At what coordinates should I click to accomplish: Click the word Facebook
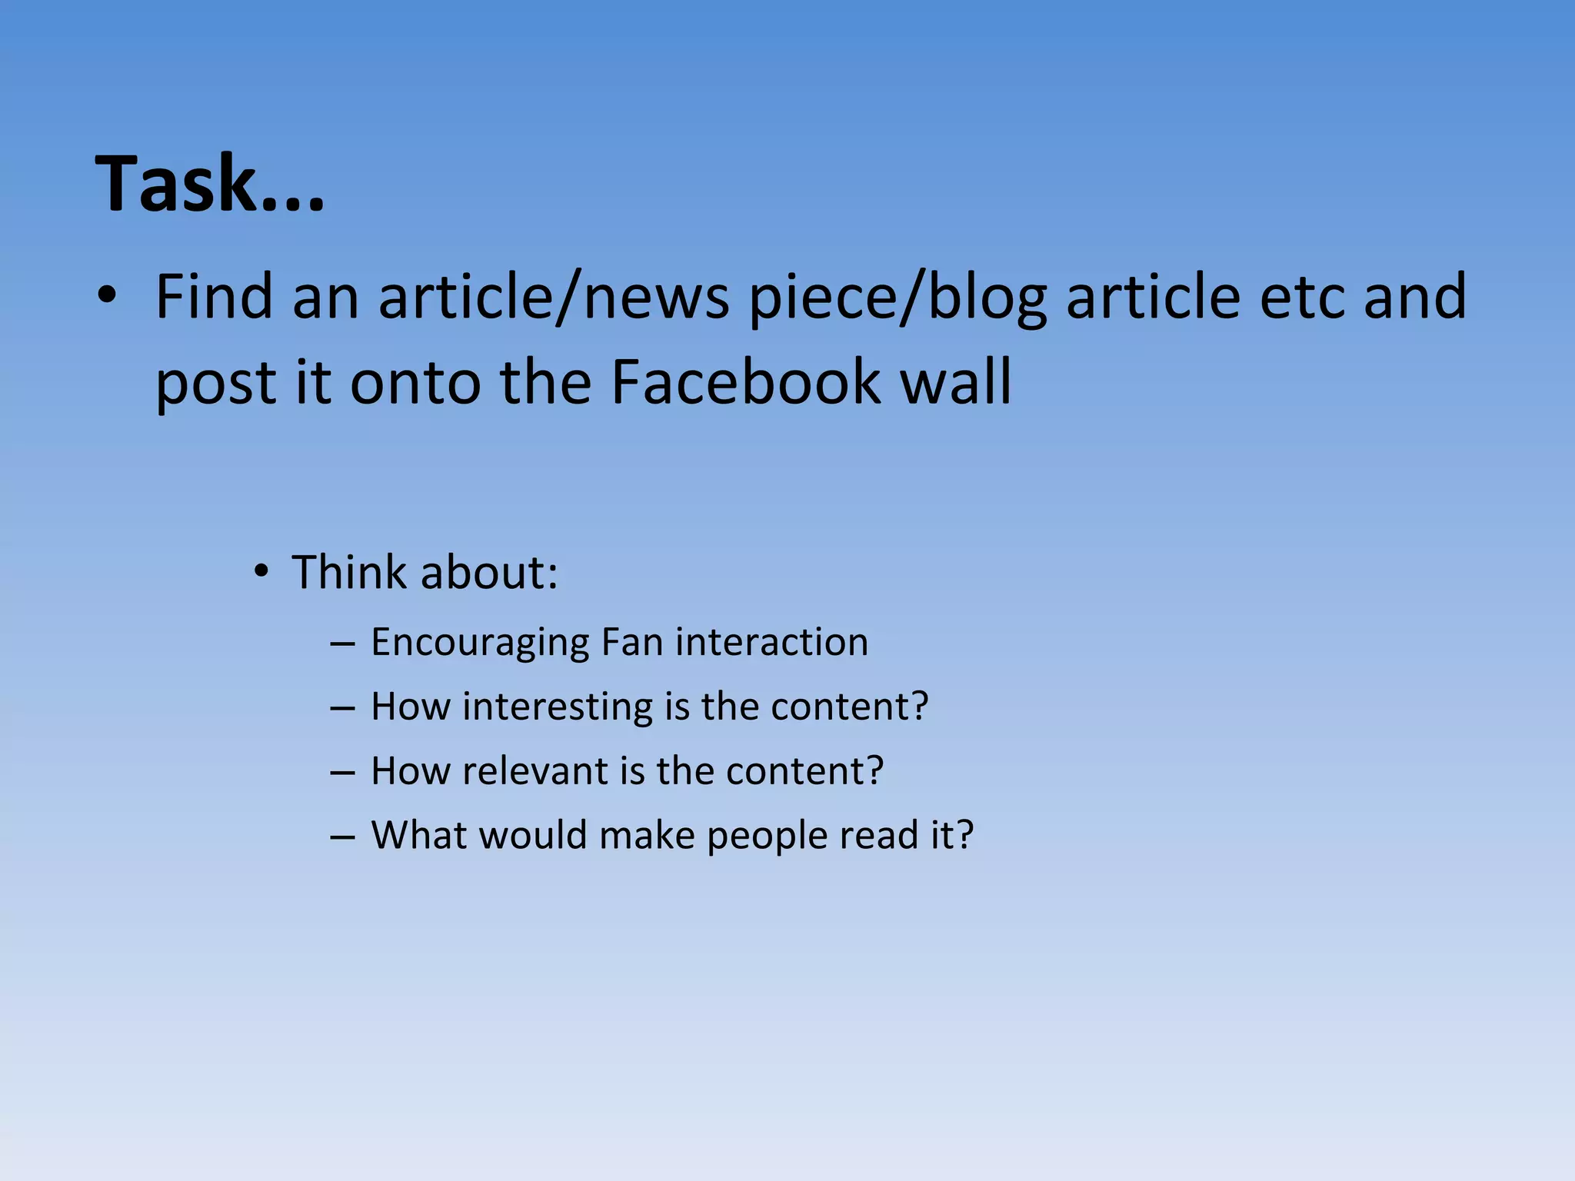(x=745, y=381)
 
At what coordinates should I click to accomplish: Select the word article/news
(x=554, y=297)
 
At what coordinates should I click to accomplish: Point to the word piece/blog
(x=898, y=298)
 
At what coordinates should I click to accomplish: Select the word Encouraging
(x=480, y=643)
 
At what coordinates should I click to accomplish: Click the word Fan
(x=632, y=641)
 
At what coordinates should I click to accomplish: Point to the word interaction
(x=771, y=641)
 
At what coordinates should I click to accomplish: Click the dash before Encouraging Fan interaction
(x=342, y=643)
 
